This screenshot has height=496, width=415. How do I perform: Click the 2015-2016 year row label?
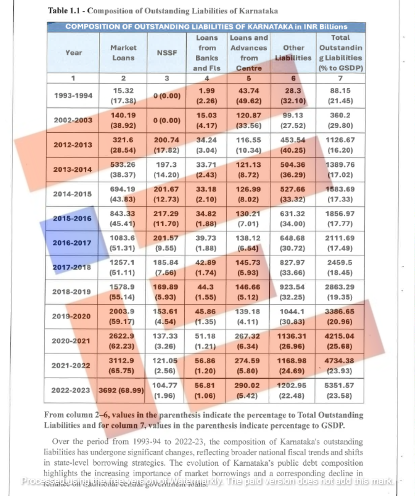tap(72, 219)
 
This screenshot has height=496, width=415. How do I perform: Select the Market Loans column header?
tap(123, 53)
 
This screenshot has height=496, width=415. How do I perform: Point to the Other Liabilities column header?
tap(293, 53)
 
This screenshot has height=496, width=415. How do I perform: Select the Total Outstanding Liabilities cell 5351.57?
tap(339, 390)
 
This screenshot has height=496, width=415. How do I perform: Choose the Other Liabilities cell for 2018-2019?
tap(292, 292)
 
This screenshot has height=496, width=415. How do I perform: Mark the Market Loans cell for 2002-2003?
tap(123, 120)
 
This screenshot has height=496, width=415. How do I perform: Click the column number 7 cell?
tap(339, 78)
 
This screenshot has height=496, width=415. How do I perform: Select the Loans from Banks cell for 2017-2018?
tap(206, 267)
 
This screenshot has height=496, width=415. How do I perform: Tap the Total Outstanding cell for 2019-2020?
tap(339, 316)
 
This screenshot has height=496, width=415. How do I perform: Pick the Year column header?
tap(73, 53)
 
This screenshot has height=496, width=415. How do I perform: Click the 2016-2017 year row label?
tap(72, 243)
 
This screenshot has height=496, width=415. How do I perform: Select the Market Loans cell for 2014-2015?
tap(123, 194)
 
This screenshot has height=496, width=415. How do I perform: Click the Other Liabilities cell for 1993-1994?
tap(292, 95)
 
